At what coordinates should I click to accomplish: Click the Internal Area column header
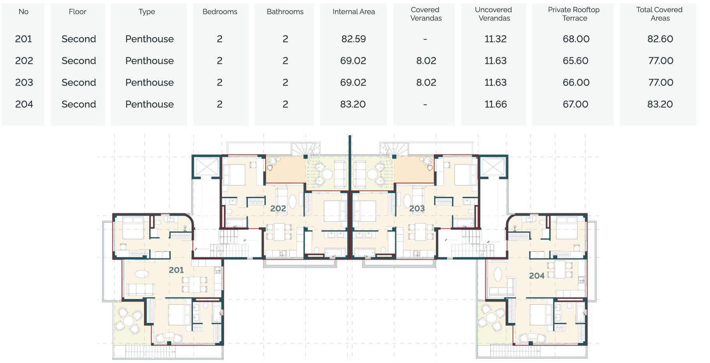pos(353,12)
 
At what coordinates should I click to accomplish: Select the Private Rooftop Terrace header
pos(574,14)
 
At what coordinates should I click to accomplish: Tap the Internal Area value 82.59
pos(353,39)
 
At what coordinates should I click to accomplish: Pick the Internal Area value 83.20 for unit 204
pos(353,104)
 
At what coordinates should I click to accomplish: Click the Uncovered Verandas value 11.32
pos(495,39)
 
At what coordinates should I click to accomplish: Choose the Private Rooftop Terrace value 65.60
pos(576,61)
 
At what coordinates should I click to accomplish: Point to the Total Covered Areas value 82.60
pos(660,39)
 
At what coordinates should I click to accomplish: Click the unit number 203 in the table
pos(24,83)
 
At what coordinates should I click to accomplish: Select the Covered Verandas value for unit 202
pos(426,61)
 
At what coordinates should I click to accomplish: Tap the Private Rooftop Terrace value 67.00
pos(575,104)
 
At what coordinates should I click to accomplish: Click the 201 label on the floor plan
pos(176,270)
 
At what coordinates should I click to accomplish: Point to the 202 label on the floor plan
pos(278,208)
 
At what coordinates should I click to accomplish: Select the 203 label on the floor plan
pos(417,208)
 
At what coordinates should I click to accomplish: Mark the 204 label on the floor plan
pos(537,276)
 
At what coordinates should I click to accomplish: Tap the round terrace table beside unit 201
pos(129,321)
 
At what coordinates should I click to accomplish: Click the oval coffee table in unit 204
pos(498,274)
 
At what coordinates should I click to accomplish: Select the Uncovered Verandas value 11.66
pos(496,104)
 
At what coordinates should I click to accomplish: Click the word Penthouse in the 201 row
pos(149,39)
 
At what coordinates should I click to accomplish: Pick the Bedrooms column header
pos(220,12)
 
